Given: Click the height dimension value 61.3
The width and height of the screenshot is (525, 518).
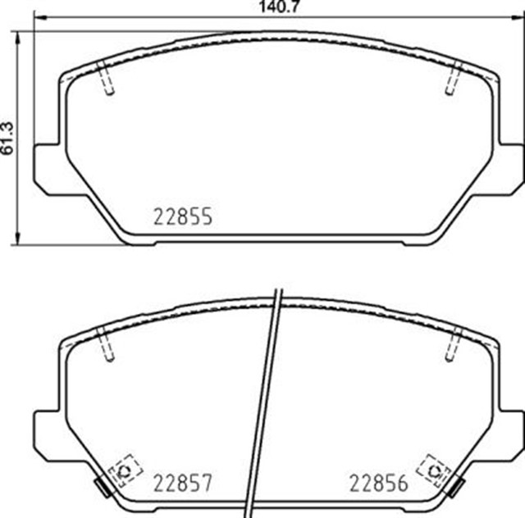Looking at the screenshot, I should point(7,135).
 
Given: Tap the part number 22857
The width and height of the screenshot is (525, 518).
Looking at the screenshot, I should point(183,484).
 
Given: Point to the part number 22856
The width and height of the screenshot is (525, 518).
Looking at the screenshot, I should point(379,484).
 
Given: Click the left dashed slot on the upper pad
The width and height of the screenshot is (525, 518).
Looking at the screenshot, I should point(105,80).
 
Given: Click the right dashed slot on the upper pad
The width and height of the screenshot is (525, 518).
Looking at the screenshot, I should point(453,80).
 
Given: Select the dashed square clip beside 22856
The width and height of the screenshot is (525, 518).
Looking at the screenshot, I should point(431,470).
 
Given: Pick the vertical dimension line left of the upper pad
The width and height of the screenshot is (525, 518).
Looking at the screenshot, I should point(20,135).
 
